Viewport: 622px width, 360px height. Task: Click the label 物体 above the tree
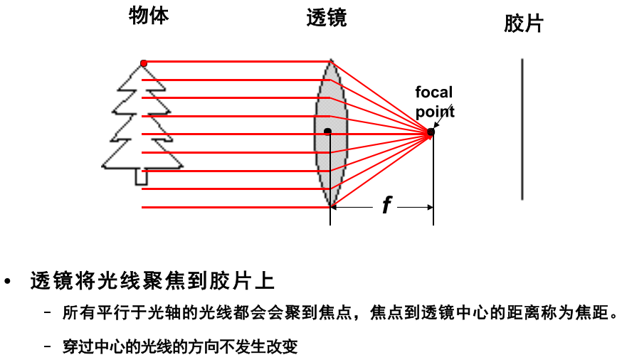pyautogui.click(x=149, y=16)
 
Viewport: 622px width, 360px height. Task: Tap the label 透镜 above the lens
pyautogui.click(x=327, y=18)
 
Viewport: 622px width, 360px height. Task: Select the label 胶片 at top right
pyautogui.click(x=523, y=23)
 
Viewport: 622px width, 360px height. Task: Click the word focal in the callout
pyautogui.click(x=433, y=92)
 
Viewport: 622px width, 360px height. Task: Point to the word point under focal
pyautogui.click(x=435, y=111)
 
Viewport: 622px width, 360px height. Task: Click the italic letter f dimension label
pyautogui.click(x=386, y=206)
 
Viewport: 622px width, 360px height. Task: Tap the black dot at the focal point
pyautogui.click(x=431, y=132)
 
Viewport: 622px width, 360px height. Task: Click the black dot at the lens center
pyautogui.click(x=327, y=131)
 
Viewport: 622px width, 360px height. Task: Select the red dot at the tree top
pyautogui.click(x=144, y=63)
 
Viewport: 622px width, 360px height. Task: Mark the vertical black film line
pyautogui.click(x=522, y=129)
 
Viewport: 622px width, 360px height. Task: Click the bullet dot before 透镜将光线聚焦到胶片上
pyautogui.click(x=9, y=282)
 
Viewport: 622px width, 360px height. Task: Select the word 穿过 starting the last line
pyautogui.click(x=74, y=347)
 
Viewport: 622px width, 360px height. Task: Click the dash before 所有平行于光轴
pyautogui.click(x=48, y=314)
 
